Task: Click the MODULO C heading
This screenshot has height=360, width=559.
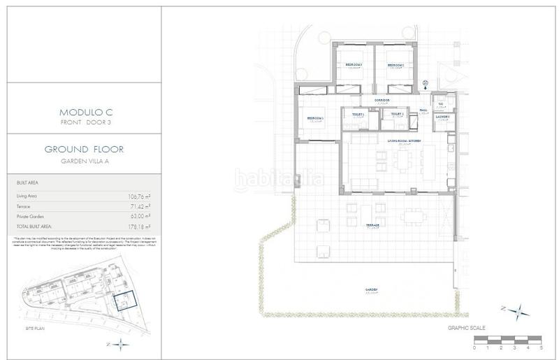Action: (x=82, y=112)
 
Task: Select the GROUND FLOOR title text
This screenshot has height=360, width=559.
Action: (x=82, y=150)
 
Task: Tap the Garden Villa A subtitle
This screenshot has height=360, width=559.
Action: (x=82, y=161)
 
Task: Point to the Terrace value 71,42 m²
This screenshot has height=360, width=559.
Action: (x=139, y=207)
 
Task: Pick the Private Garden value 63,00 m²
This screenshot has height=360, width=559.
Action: (x=139, y=217)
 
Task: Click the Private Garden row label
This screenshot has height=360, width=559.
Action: (x=31, y=217)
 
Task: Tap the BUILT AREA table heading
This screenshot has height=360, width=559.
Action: (x=27, y=183)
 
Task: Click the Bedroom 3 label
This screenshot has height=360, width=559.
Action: (x=354, y=65)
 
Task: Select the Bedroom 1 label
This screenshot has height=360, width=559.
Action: (x=315, y=118)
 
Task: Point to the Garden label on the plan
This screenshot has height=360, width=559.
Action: (x=371, y=289)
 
